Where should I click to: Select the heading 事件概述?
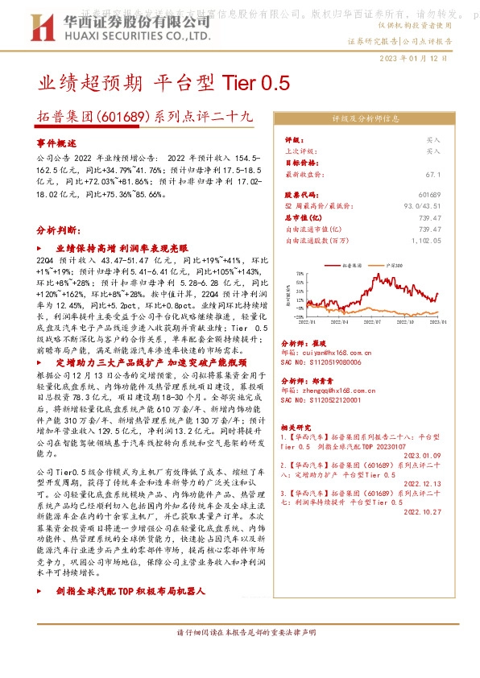tap(56, 142)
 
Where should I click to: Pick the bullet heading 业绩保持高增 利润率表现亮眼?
tap(121, 250)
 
